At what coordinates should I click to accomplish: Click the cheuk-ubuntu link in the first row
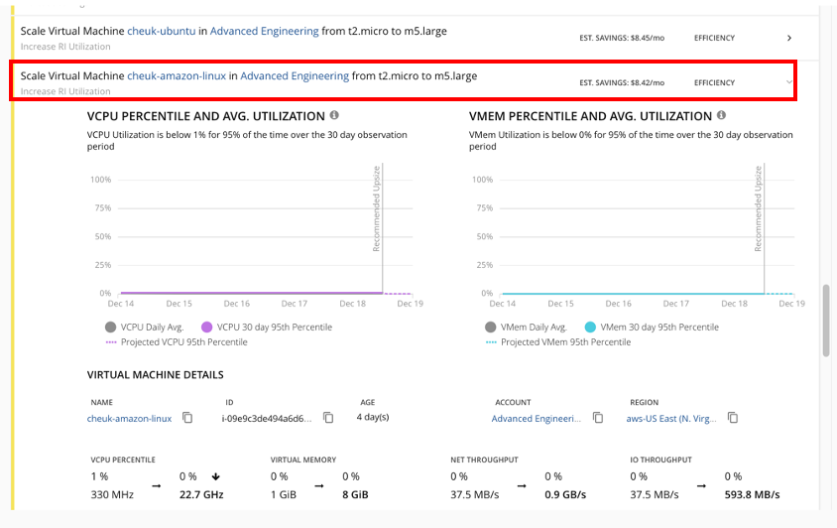tap(168, 31)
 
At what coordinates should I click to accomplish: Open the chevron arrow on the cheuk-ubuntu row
tap(789, 38)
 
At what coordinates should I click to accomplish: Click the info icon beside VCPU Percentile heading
tap(334, 116)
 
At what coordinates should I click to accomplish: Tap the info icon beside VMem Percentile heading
tap(721, 116)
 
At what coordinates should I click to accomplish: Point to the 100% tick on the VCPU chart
tap(100, 180)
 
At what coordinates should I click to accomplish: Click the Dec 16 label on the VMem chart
tap(618, 304)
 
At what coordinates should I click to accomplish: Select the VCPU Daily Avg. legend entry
tap(147, 327)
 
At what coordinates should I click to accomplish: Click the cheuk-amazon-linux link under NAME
tap(129, 419)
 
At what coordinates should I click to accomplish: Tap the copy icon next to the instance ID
tap(328, 419)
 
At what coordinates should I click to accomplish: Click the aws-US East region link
tap(670, 419)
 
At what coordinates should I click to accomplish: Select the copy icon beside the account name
tap(598, 419)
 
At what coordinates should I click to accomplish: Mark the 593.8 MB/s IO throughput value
tap(752, 494)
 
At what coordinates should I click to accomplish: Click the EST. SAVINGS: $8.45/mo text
tap(622, 38)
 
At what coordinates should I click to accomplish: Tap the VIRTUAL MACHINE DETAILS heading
tap(155, 375)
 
